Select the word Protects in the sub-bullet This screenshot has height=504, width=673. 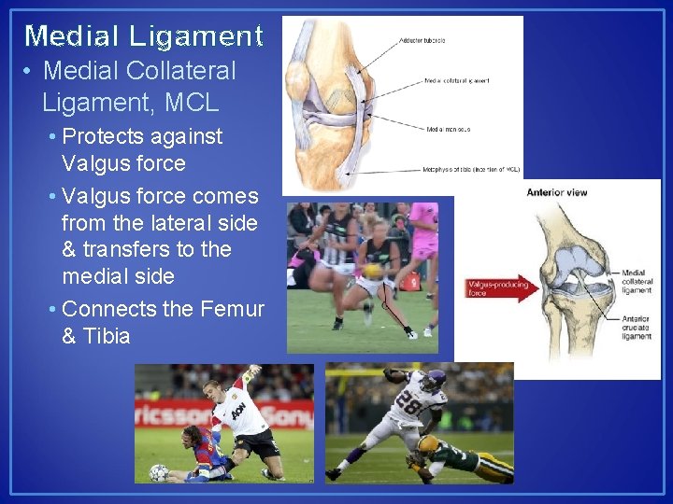pyautogui.click(x=100, y=136)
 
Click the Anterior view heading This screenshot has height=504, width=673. pyautogui.click(x=557, y=193)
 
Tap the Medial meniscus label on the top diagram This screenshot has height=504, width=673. pyautogui.click(x=449, y=130)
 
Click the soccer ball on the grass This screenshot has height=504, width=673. pyautogui.click(x=159, y=471)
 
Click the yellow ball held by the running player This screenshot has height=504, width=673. pyautogui.click(x=361, y=271)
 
